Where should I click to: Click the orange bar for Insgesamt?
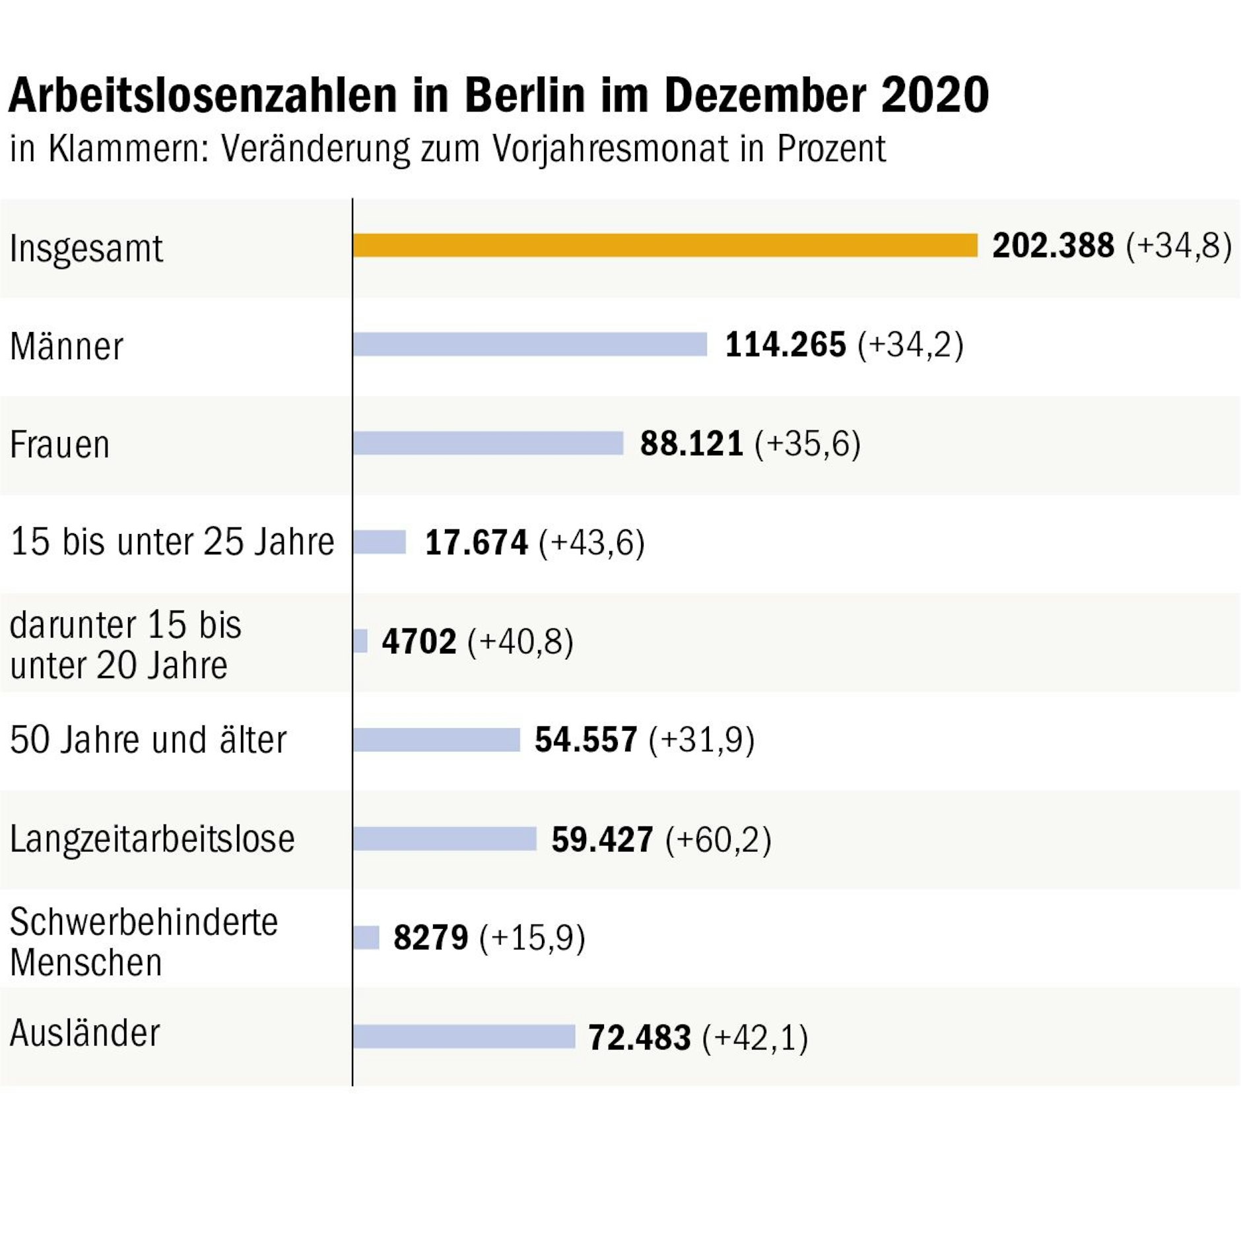click(x=665, y=246)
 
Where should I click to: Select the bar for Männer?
click(x=530, y=345)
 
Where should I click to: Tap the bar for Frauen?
click(x=488, y=443)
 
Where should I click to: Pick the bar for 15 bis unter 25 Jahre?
click(x=380, y=542)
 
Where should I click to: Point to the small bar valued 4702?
click(x=360, y=641)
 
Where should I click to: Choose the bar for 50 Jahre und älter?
click(x=436, y=740)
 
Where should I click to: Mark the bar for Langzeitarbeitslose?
click(x=445, y=839)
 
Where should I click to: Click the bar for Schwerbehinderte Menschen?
click(x=366, y=937)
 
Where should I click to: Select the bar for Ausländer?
click(x=464, y=1036)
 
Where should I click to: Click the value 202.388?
click(x=1053, y=246)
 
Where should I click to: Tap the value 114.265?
click(x=786, y=345)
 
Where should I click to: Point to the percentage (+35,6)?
click(x=808, y=443)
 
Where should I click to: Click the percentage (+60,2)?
click(x=718, y=840)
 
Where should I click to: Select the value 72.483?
click(x=639, y=1037)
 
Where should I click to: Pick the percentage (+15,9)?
click(x=532, y=938)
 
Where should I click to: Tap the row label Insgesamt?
click(x=86, y=249)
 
